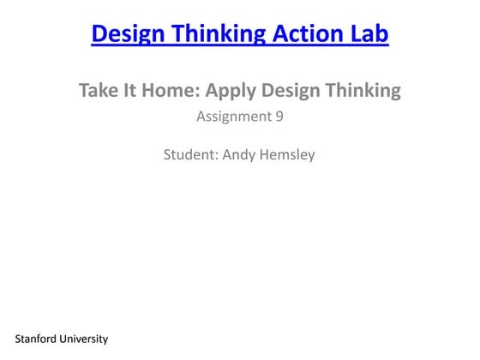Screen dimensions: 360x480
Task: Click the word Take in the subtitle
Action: [x=98, y=90]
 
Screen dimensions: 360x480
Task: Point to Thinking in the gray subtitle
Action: [x=365, y=90]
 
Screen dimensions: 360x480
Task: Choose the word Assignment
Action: [x=234, y=117]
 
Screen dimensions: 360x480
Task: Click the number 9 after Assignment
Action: [x=279, y=117]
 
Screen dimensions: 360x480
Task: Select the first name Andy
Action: [x=238, y=156]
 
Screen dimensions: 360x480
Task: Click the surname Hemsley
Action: [x=287, y=156]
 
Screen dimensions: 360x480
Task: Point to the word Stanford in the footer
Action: [x=35, y=339]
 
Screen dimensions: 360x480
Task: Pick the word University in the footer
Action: [x=84, y=339]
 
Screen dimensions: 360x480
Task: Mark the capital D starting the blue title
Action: [x=98, y=34]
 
